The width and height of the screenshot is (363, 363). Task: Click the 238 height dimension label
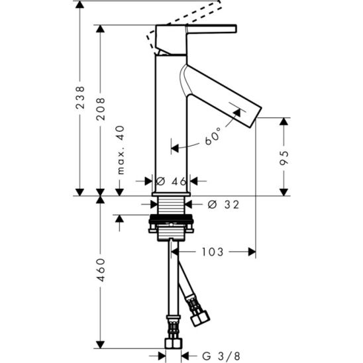coord(80,97)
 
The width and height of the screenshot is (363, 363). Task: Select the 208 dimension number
coord(101,109)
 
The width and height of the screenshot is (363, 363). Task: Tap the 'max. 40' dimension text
coord(121,150)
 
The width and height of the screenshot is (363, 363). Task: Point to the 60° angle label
coord(213,136)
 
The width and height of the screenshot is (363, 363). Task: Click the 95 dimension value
coord(284,158)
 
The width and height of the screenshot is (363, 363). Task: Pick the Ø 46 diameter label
coord(171,181)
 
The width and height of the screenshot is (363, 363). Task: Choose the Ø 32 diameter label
coord(223,205)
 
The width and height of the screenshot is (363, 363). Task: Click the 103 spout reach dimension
coord(213,252)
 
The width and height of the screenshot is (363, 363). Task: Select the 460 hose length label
coord(101,270)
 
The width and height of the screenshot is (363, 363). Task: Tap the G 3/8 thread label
coord(221,356)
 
